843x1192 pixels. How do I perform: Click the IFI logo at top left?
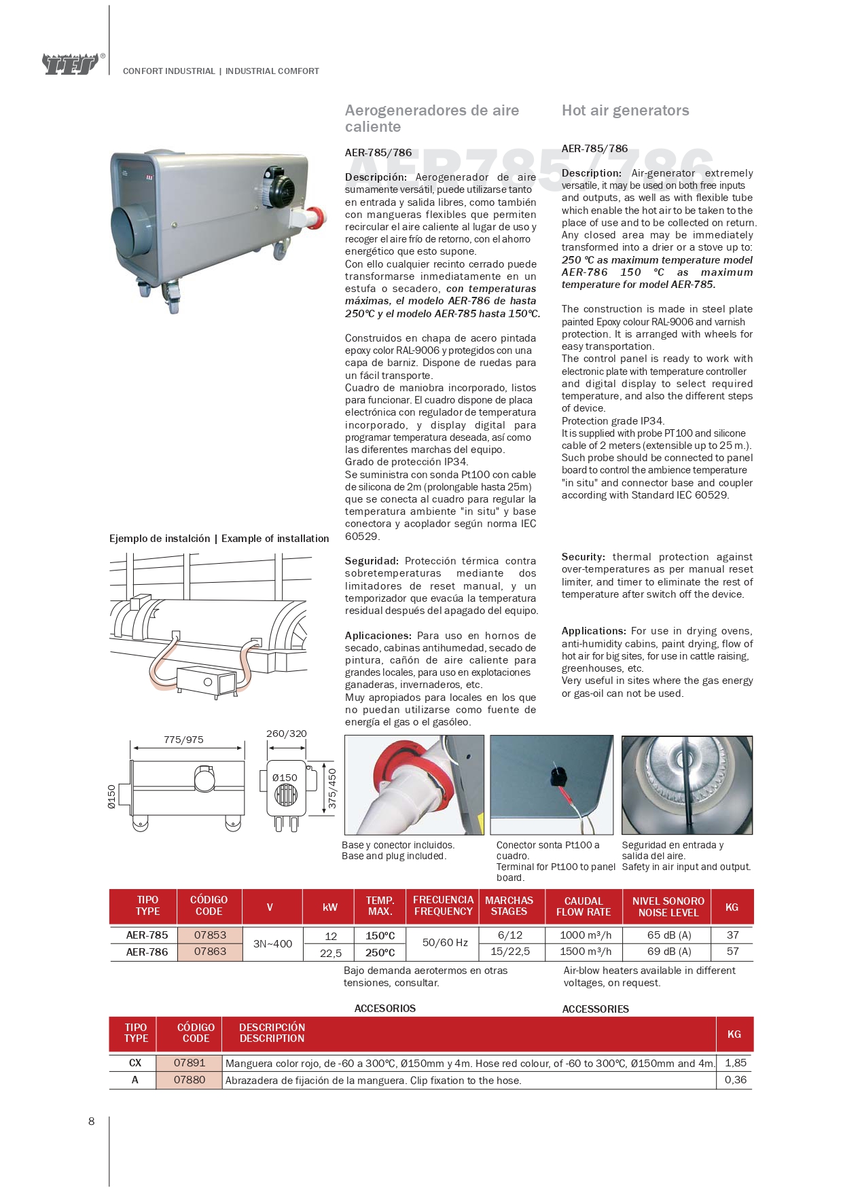pos(71,65)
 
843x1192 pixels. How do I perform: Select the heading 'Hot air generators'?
pos(625,111)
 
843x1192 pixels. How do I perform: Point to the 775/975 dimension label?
pos(183,740)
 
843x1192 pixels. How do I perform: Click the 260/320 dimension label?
pos(286,734)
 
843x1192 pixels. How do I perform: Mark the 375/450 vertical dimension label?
pos(332,788)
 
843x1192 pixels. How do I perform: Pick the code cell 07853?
pos(210,935)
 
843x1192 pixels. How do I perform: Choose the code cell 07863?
pos(210,952)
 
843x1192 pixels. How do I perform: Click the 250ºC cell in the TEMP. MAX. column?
pos(380,952)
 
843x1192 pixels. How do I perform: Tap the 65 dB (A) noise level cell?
pos(668,935)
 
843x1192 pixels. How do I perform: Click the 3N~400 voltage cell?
pos(272,943)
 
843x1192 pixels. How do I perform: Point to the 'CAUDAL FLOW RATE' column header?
pos(584,907)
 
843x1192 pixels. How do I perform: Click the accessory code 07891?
pos(189,1063)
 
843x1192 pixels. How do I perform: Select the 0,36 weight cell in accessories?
pos(735,1080)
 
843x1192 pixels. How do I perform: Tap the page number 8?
pos(92,1121)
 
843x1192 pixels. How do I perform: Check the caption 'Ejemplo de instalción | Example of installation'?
pos(219,539)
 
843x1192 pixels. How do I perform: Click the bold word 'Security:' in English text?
pos(583,557)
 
